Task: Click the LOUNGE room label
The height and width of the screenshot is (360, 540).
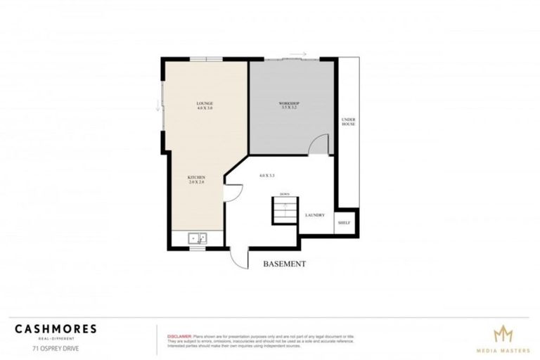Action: (x=205, y=105)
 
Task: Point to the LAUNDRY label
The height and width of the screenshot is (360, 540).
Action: (x=314, y=215)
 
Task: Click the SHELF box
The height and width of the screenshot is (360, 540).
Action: (x=344, y=222)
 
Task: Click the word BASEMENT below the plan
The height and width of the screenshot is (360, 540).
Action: (x=284, y=264)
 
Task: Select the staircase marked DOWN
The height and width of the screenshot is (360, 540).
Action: (x=285, y=210)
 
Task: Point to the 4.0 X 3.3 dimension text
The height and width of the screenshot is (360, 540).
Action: (x=266, y=175)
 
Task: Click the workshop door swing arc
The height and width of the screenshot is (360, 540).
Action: (x=320, y=145)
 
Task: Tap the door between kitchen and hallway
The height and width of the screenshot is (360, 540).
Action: (x=232, y=194)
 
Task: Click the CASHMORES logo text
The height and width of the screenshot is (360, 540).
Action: (x=56, y=328)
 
